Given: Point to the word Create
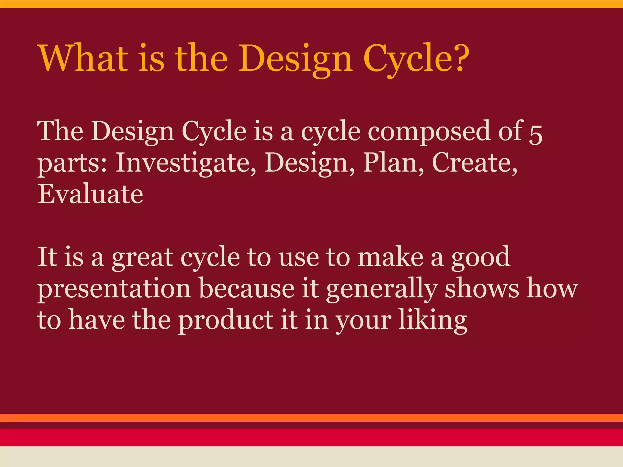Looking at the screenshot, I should [474, 162].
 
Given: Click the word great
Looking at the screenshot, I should [142, 258].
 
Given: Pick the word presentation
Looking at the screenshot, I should [114, 289].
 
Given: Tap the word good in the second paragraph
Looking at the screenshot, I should [480, 258].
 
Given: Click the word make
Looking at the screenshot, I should [390, 257].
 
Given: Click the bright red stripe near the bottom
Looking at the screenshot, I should [311, 437].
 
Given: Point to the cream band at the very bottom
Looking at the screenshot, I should [311, 457].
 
